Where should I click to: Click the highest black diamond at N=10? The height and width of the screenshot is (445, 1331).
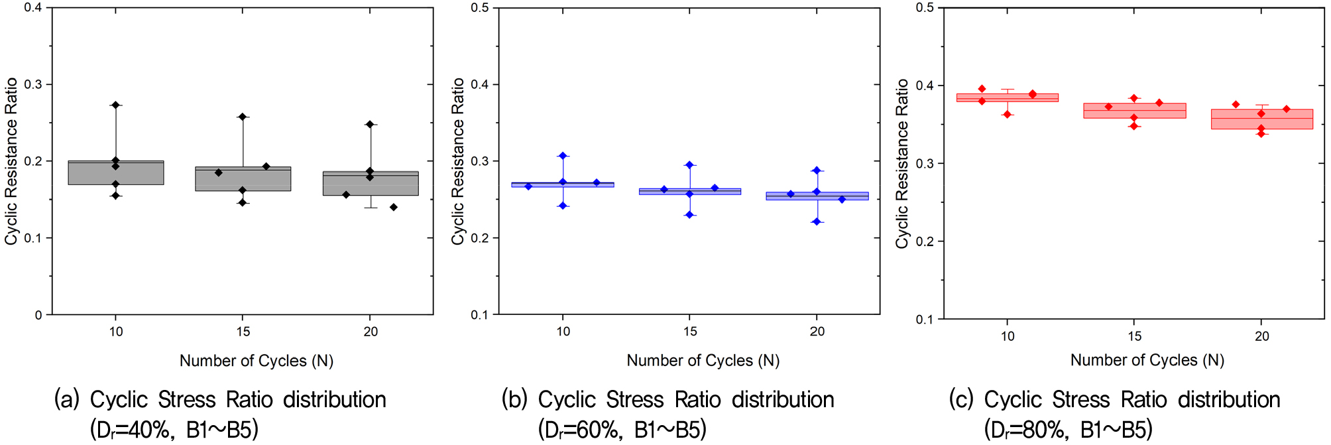coord(116,105)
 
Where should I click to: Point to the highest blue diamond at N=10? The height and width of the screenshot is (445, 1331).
coord(563,156)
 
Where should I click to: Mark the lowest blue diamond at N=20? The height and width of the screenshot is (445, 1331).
coord(817,222)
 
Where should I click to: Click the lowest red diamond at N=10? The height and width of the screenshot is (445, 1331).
coord(1008,115)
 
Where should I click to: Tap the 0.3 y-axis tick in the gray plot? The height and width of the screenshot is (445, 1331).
coord(33,84)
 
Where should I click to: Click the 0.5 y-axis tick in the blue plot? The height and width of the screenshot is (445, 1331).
coord(480,8)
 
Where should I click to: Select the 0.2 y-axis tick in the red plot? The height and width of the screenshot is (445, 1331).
coord(925,241)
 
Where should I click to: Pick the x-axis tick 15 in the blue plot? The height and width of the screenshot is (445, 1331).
coord(690,332)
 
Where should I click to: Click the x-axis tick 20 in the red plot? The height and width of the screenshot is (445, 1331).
coord(1262,336)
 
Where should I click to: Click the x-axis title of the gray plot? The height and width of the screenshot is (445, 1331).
coord(257,361)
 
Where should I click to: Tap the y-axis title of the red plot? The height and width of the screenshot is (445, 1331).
coord(902,164)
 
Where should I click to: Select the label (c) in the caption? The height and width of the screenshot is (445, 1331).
coord(961,400)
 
